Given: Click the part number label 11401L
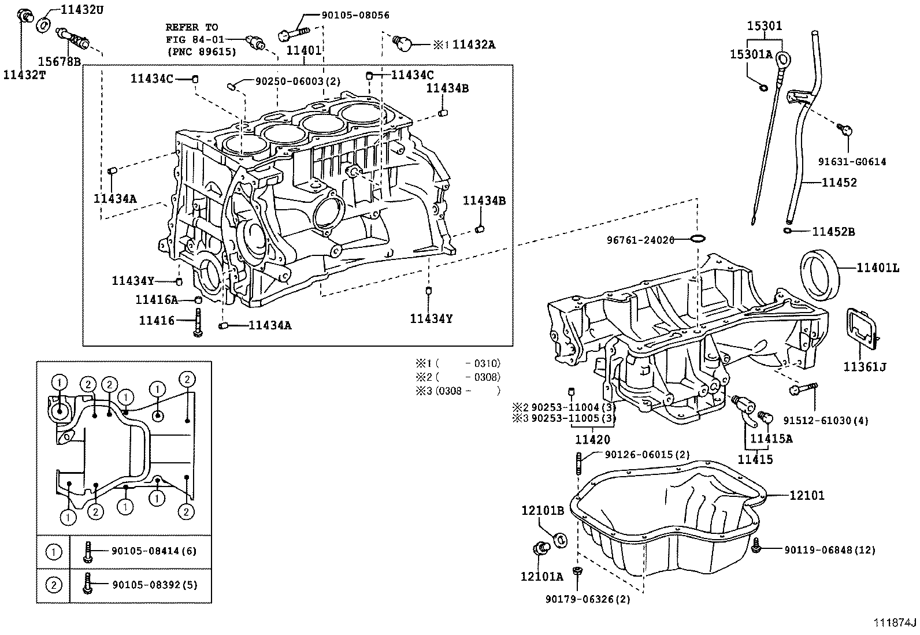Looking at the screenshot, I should pos(877,268).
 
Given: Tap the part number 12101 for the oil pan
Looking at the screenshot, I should pos(807,495).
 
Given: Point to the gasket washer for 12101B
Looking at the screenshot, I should pos(560,540).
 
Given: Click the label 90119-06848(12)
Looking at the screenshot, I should pos(829,550).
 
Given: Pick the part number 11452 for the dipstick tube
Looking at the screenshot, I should pos(839,183).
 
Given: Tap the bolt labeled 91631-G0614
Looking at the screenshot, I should pos(845,131).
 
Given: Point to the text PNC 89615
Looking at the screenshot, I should pos(201,51).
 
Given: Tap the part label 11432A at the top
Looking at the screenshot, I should pos(473,44).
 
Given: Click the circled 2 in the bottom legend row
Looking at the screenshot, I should pos(53,585).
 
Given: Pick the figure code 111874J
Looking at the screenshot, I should pos(895,622).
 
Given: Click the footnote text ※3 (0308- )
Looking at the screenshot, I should pos(457,391).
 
